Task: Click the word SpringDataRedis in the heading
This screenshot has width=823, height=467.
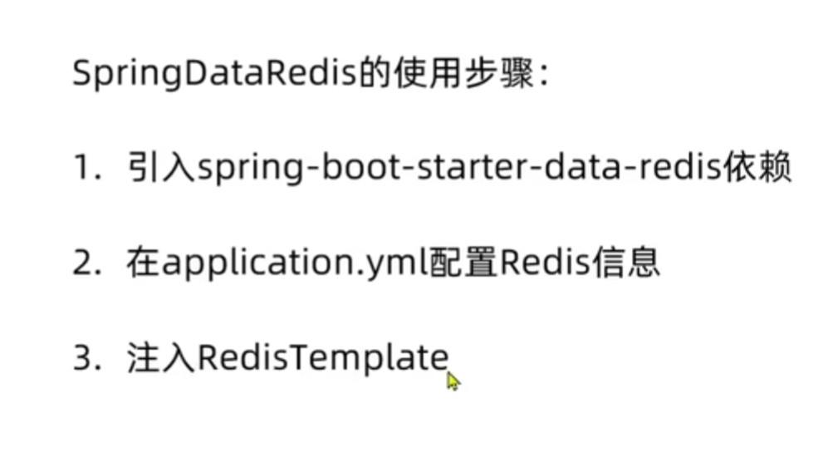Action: tap(215, 75)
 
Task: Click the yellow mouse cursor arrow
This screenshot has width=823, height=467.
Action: tap(453, 381)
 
